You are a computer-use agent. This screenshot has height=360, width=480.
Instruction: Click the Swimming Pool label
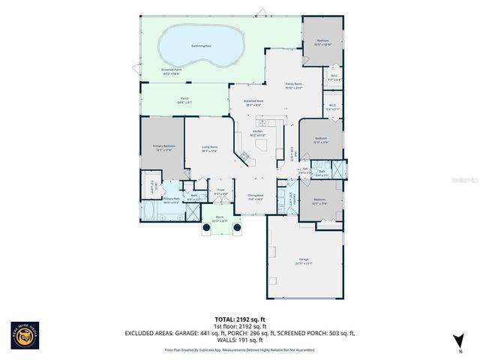200,46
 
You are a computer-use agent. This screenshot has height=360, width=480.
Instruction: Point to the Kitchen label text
257,132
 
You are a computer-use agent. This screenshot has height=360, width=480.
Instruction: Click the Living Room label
209,148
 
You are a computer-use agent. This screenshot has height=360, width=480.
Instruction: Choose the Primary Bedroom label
163,147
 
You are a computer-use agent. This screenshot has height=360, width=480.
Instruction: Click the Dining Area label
256,196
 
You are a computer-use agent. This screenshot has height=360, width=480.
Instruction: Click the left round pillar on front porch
205,226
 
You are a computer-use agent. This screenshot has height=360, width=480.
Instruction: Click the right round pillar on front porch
237,226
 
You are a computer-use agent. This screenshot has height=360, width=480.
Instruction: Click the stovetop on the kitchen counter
243,157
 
